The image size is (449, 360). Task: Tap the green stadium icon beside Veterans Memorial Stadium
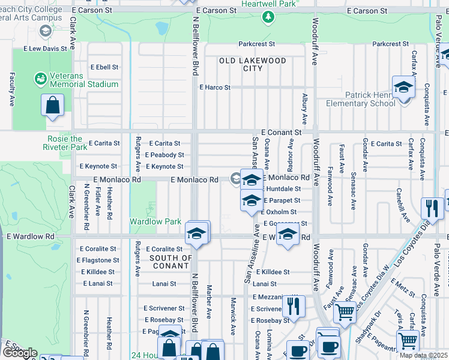tap(40, 79)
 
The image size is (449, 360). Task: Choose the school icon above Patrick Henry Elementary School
tap(404, 87)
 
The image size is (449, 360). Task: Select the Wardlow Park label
tap(155, 221)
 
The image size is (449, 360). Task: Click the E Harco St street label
tap(215, 88)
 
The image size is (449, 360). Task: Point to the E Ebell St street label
tap(104, 67)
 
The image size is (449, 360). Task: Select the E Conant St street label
tap(281, 132)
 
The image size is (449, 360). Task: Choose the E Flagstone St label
tap(98, 260)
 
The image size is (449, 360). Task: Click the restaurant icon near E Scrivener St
tap(293, 306)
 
